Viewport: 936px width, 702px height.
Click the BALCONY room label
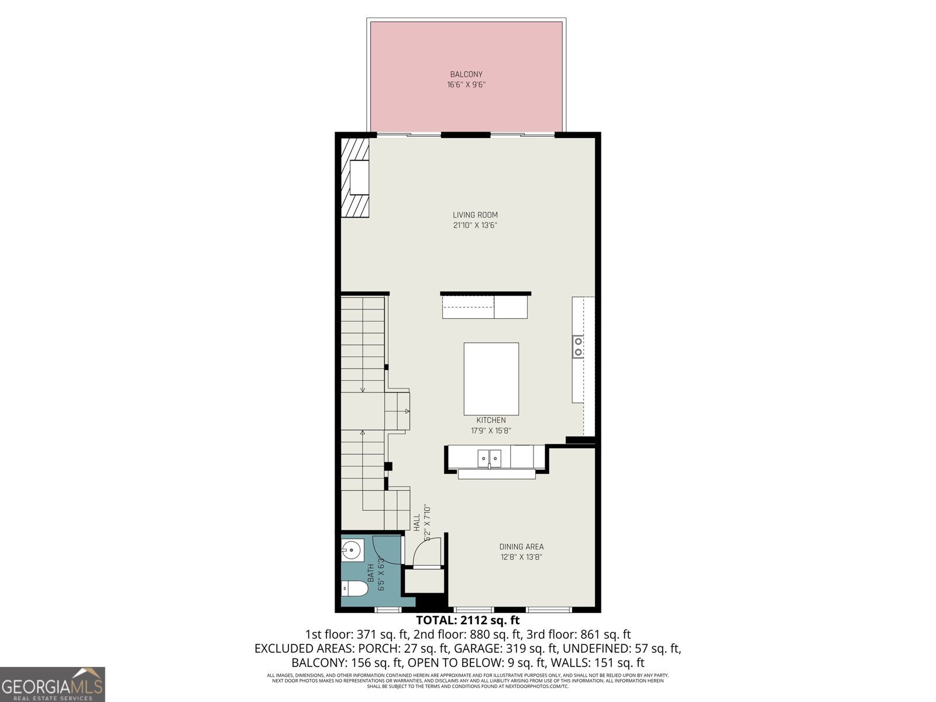pos(466,74)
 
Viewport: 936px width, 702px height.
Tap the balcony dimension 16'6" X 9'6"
pos(466,85)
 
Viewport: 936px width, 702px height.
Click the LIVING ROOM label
pos(475,215)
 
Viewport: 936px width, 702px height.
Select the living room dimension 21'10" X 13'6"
pos(475,225)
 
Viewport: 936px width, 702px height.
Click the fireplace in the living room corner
pos(356,177)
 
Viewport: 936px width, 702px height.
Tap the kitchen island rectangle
pos(491,378)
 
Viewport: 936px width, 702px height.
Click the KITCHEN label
pos(491,420)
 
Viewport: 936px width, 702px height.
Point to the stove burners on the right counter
pos(578,346)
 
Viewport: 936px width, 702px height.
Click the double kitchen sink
pos(490,457)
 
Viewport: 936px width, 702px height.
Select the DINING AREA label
pos(521,546)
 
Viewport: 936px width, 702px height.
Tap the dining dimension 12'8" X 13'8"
pos(521,557)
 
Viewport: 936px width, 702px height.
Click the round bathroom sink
pos(352,550)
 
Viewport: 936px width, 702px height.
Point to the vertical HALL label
pos(417,522)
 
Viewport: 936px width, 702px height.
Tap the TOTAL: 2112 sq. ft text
pos(467,620)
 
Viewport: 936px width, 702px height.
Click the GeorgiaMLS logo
pos(52,684)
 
